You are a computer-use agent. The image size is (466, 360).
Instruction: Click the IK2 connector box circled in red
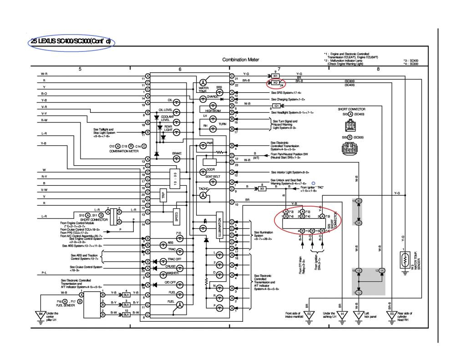pos(275,83)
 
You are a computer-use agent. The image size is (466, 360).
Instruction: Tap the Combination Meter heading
pos(241,60)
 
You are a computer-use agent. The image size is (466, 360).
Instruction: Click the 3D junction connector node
pos(359,201)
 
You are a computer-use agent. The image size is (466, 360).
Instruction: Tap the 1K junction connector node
pos(382,270)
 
